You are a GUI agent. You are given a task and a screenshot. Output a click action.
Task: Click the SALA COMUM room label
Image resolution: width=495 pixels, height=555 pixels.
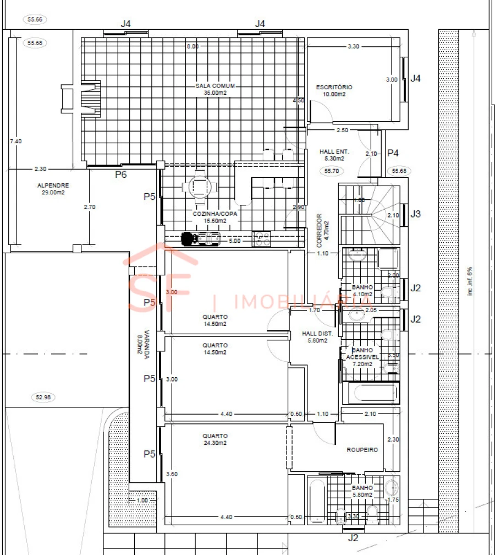[x=216, y=86]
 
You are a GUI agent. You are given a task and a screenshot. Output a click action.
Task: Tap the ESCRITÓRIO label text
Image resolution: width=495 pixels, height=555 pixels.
[x=334, y=87]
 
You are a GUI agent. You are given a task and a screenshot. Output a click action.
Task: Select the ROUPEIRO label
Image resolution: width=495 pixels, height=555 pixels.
[x=362, y=450]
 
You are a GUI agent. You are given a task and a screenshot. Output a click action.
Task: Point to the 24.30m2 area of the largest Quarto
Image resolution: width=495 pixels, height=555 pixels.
[x=215, y=443]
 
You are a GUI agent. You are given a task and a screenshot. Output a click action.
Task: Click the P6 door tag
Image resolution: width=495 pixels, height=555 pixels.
[x=121, y=175]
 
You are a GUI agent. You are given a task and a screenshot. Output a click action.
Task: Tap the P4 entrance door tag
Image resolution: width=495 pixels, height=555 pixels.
[x=393, y=153]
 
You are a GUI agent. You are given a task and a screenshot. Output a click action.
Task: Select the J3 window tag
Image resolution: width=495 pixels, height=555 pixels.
[x=416, y=214]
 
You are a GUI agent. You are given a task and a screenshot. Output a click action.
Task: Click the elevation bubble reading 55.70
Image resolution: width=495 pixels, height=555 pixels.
[x=331, y=171]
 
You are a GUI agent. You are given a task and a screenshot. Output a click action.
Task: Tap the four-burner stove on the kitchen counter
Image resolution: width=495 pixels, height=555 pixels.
[x=262, y=238]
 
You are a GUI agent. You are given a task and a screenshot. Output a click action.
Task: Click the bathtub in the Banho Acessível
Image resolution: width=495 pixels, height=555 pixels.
[x=370, y=394]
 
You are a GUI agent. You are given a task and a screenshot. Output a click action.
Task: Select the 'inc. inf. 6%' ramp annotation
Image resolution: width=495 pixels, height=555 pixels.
[x=470, y=281]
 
